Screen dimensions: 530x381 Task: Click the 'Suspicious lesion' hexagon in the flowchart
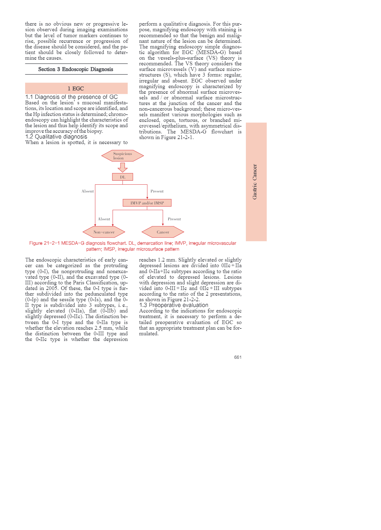(123, 156)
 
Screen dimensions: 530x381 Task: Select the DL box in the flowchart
(123, 177)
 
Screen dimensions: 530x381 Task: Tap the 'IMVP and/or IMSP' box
(147, 203)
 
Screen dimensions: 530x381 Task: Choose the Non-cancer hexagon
(104, 232)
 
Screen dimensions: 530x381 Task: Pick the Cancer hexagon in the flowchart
(163, 232)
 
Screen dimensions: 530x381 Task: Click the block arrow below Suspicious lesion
(123, 167)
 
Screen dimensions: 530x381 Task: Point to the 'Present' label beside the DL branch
(157, 191)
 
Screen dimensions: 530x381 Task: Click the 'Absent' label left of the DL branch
(88, 191)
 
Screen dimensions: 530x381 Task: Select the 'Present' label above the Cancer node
(174, 219)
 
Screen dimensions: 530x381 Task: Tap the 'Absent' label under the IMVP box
(104, 219)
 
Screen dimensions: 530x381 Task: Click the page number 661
(238, 357)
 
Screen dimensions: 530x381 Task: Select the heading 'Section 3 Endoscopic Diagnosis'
(76, 69)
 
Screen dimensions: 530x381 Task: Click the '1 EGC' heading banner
(76, 88)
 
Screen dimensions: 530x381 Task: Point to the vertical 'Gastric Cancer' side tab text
(255, 182)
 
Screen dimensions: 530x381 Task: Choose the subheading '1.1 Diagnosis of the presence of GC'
(72, 97)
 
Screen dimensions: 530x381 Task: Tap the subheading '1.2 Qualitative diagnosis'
(56, 137)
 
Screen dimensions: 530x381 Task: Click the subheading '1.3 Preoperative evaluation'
(174, 305)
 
